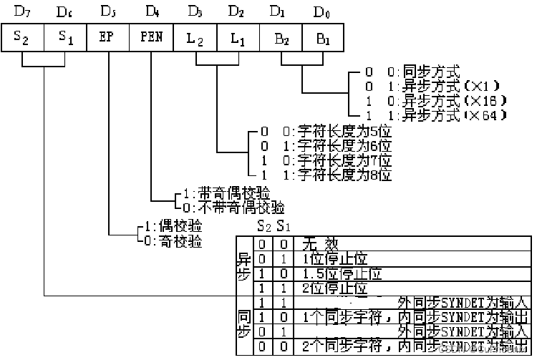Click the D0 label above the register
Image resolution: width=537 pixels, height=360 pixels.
point(323,11)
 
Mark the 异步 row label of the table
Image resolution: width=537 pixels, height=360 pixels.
point(243,266)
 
